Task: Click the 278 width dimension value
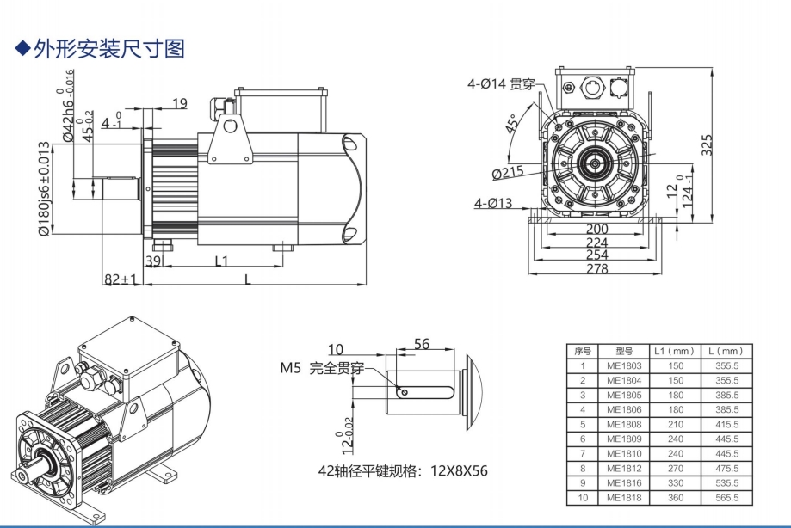tap(596, 269)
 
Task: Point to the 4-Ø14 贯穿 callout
tap(503, 83)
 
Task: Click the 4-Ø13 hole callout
tap(492, 204)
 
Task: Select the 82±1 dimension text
tap(121, 279)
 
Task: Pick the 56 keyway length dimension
tap(421, 344)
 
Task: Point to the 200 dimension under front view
tap(596, 230)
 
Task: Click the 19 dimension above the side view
tap(179, 104)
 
